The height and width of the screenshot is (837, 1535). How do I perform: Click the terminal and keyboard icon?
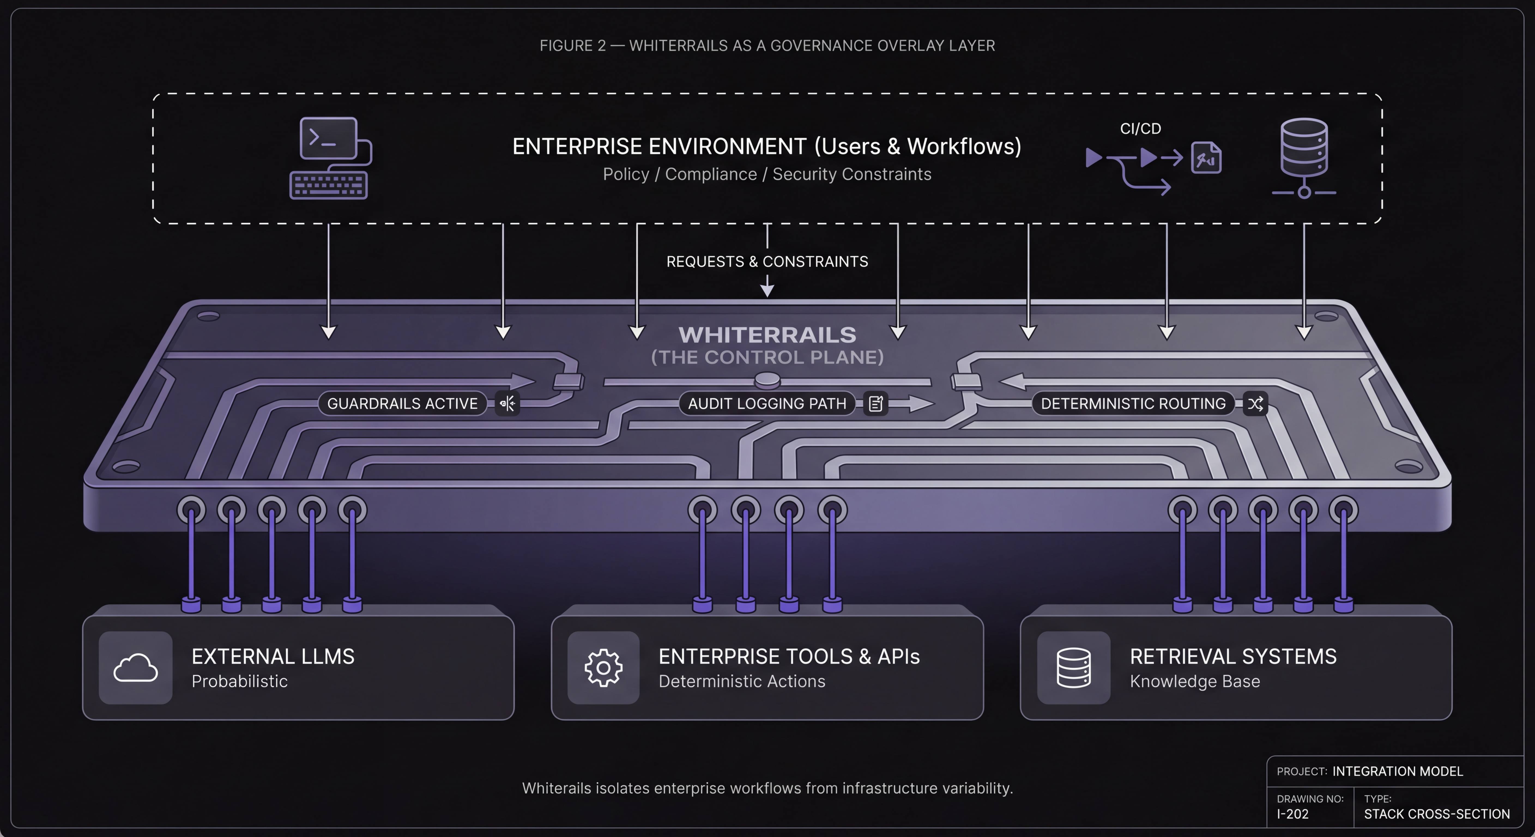(330, 158)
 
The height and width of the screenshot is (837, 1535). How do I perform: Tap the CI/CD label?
(1140, 129)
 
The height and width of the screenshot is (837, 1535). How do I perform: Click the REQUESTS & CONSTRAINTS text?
(767, 262)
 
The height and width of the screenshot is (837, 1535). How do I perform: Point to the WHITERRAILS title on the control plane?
(767, 335)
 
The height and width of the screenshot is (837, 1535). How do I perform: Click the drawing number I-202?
(1292, 814)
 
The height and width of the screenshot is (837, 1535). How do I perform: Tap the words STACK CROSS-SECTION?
(1437, 814)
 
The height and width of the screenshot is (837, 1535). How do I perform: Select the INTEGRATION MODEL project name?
(1397, 771)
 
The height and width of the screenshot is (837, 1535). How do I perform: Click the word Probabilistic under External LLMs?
(240, 681)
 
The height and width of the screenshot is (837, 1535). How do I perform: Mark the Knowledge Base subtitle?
(1195, 681)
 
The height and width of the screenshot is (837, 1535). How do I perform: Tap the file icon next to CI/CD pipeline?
(1206, 158)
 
